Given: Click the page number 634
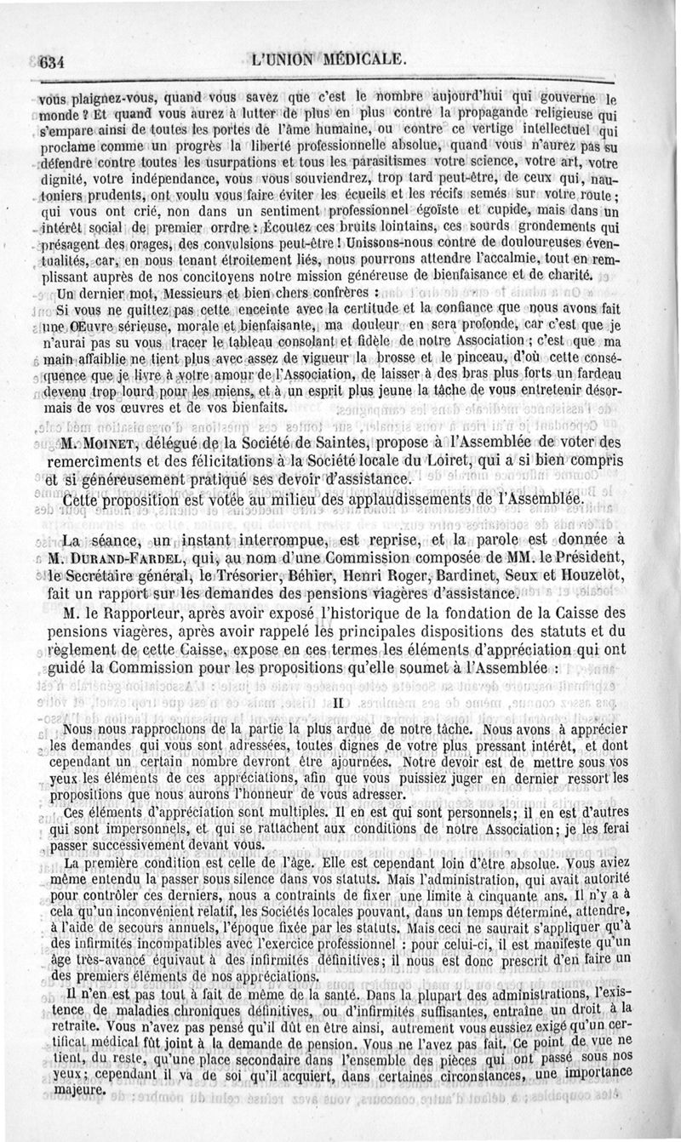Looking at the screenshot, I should pos(53,60).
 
